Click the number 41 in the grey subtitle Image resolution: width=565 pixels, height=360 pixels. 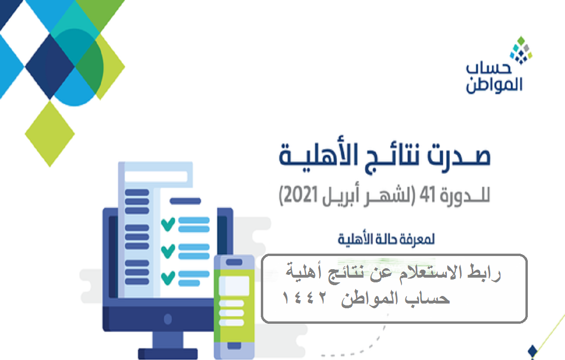click(427, 195)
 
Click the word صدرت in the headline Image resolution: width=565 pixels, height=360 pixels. click(459, 156)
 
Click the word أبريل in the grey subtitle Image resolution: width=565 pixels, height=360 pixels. click(341, 196)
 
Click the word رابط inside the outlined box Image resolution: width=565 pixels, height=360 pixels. click(484, 273)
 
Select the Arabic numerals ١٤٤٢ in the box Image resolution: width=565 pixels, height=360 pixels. click(304, 297)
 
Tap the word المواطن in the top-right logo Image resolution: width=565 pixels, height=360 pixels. click(494, 85)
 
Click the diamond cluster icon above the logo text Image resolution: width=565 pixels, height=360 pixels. click(521, 50)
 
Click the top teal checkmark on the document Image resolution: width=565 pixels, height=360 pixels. click(168, 224)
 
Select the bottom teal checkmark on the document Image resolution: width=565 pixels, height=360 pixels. click(168, 278)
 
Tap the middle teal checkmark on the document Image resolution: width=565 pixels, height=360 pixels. click(168, 251)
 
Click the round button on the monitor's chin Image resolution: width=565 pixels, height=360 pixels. click(168, 320)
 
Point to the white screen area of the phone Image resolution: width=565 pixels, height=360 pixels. click(234, 286)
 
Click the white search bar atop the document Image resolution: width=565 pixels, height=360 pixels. click(156, 176)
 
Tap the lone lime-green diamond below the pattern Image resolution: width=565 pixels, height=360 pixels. click(50, 134)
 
